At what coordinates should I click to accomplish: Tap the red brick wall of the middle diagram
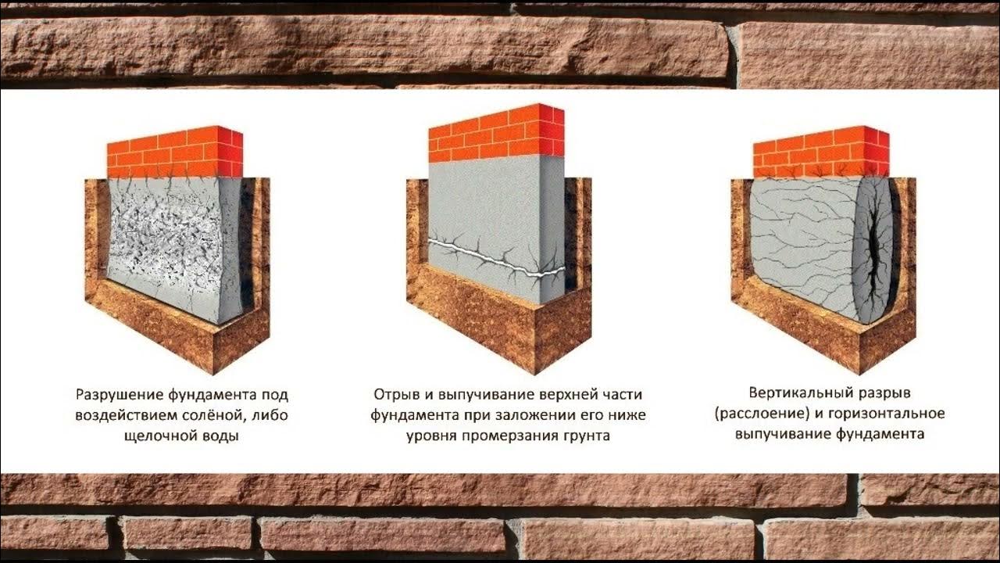(x=496, y=133)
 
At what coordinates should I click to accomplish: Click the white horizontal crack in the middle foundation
(x=495, y=258)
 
